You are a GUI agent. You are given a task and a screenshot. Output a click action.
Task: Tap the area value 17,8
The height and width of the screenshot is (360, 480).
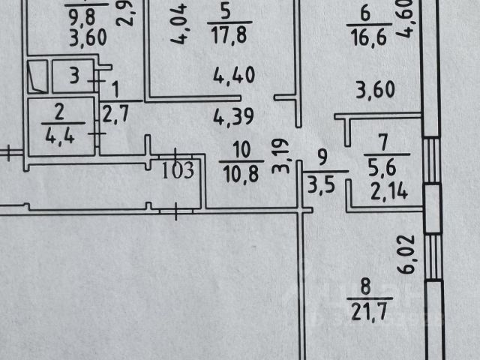(224, 34)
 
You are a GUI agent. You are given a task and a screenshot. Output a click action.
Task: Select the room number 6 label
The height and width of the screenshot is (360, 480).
(365, 13)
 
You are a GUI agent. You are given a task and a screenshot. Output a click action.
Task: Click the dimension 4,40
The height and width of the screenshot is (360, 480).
(234, 75)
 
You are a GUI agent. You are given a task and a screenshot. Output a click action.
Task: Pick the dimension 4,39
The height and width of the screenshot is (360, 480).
(234, 117)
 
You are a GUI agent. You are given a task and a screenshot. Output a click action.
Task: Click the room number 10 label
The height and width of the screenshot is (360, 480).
(239, 148)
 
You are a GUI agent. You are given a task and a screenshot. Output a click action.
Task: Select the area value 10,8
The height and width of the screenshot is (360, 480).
(239, 172)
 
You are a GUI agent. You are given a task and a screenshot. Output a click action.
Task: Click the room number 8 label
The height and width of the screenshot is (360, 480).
(365, 285)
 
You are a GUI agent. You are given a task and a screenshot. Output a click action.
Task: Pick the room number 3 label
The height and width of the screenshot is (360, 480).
(74, 74)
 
